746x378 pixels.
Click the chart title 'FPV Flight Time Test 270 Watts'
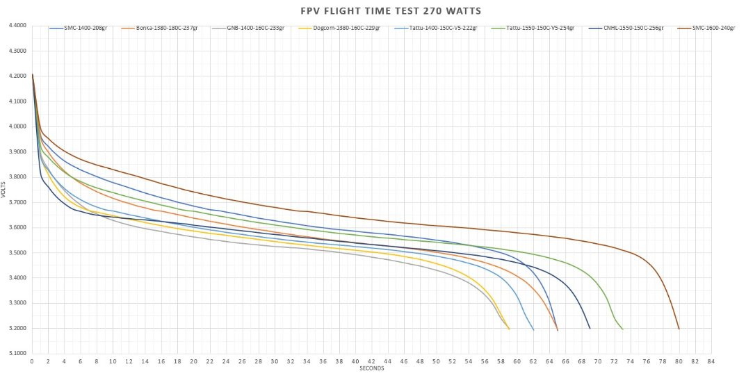pyautogui.click(x=373, y=11)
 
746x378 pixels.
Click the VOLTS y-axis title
pyautogui.click(x=5, y=190)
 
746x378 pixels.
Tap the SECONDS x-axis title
pyautogui.click(x=371, y=368)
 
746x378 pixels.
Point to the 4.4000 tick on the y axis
pyautogui.click(x=17, y=26)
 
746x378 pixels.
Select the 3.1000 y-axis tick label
pyautogui.click(x=17, y=353)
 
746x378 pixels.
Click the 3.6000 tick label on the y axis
pyautogui.click(x=17, y=227)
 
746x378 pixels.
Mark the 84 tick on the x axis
pyautogui.click(x=711, y=361)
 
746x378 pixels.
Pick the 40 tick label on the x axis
pyautogui.click(x=355, y=361)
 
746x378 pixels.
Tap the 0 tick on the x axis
pyautogui.click(x=32, y=361)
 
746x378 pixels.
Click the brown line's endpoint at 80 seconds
pyautogui.click(x=679, y=329)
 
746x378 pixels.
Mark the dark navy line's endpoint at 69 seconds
pyautogui.click(x=590, y=328)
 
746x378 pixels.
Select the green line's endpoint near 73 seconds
pyautogui.click(x=622, y=329)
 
